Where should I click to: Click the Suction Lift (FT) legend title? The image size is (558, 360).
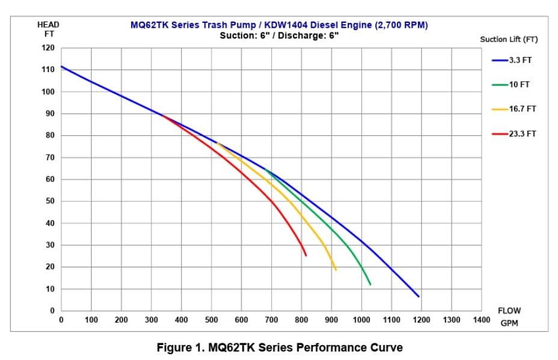tap(509, 40)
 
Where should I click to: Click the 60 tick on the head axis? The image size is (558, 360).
tap(50, 180)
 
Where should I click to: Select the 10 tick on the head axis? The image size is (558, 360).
tap(50, 289)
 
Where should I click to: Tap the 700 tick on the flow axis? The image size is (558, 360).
tap(271, 320)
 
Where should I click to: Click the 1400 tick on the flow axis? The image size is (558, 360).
tap(482, 320)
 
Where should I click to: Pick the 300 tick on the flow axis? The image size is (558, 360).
tap(152, 320)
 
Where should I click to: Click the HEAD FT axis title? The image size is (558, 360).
tap(48, 29)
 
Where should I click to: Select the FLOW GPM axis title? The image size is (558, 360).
tap(509, 317)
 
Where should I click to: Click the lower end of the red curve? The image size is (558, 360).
tap(306, 255)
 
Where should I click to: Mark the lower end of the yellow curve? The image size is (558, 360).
tap(336, 270)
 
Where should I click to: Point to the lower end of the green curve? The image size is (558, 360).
tap(370, 284)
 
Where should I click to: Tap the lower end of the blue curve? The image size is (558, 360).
tap(419, 296)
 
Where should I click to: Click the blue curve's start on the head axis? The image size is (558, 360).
tap(61, 66)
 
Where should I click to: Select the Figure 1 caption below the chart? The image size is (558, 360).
tap(280, 347)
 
